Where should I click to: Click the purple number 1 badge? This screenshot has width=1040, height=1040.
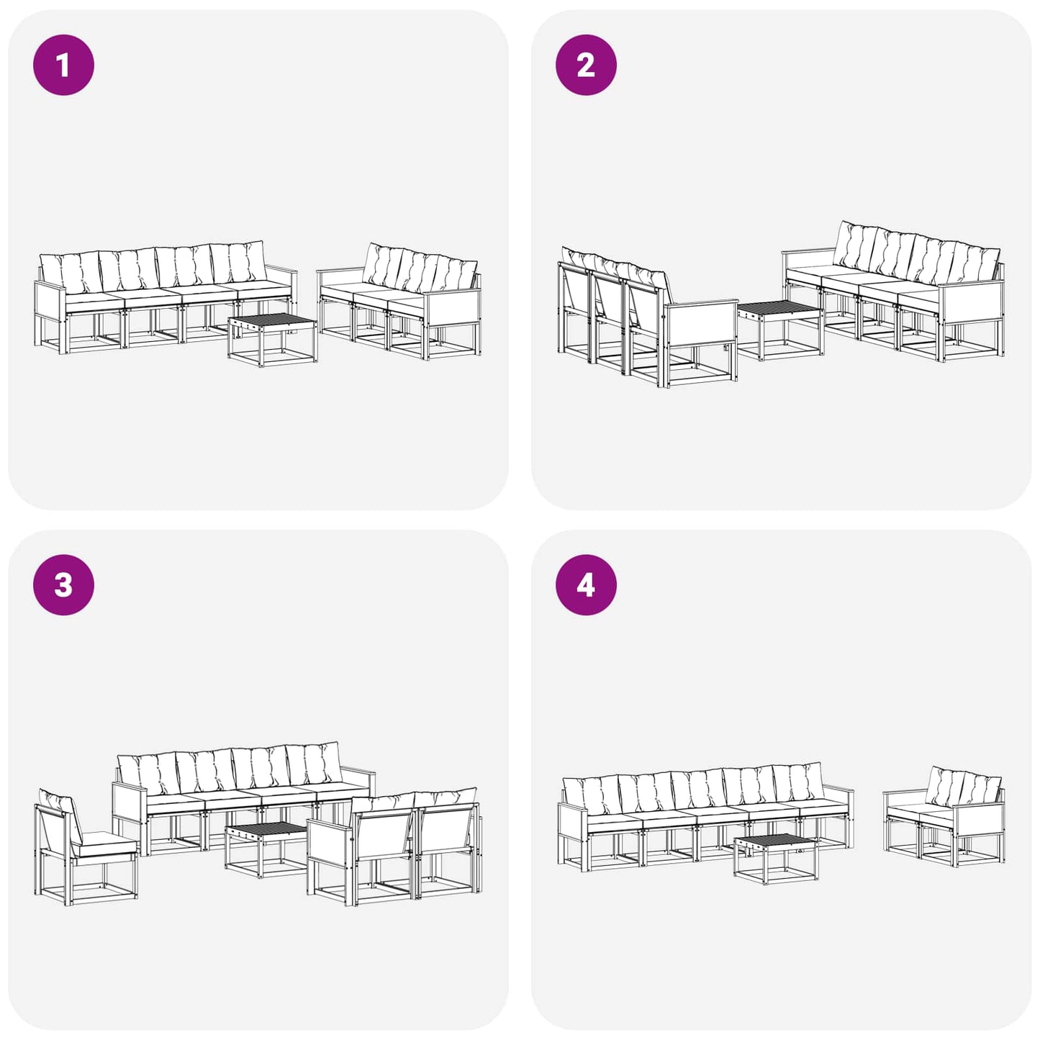pyautogui.click(x=63, y=65)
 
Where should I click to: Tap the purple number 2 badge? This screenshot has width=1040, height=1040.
pyautogui.click(x=586, y=65)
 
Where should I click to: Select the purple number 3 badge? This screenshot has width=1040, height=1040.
pyautogui.click(x=63, y=585)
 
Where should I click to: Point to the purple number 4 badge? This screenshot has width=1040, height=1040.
pyautogui.click(x=586, y=585)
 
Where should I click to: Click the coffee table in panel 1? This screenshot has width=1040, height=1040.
pyautogui.click(x=272, y=340)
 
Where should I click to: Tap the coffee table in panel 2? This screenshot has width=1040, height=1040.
pyautogui.click(x=779, y=330)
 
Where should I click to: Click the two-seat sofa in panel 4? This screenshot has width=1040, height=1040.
pyautogui.click(x=944, y=817)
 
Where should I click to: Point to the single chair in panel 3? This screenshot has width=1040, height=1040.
pyautogui.click(x=85, y=846)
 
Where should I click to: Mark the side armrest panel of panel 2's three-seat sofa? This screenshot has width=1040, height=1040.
pyautogui.click(x=700, y=325)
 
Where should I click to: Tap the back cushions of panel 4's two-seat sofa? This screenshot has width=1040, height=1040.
pyautogui.click(x=964, y=784)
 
